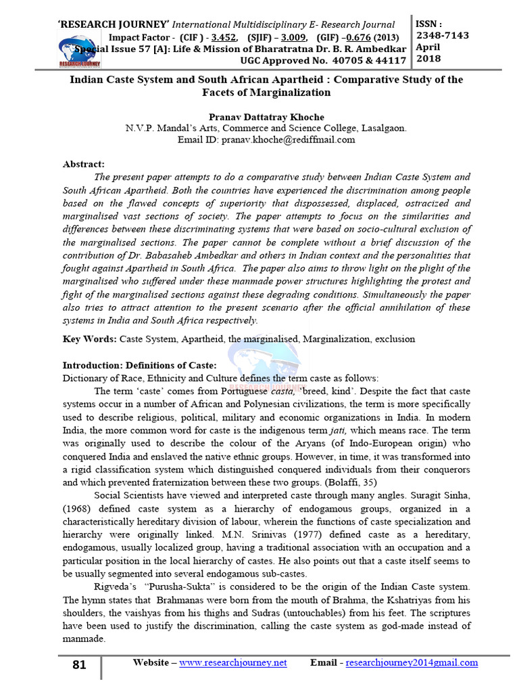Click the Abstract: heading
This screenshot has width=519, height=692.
tap(84, 164)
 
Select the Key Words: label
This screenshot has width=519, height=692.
tap(89, 339)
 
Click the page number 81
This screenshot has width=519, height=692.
tap(79, 665)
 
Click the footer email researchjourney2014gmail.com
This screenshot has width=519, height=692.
tap(411, 663)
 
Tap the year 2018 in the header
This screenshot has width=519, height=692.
tap(429, 59)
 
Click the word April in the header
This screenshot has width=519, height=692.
tap(429, 47)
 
